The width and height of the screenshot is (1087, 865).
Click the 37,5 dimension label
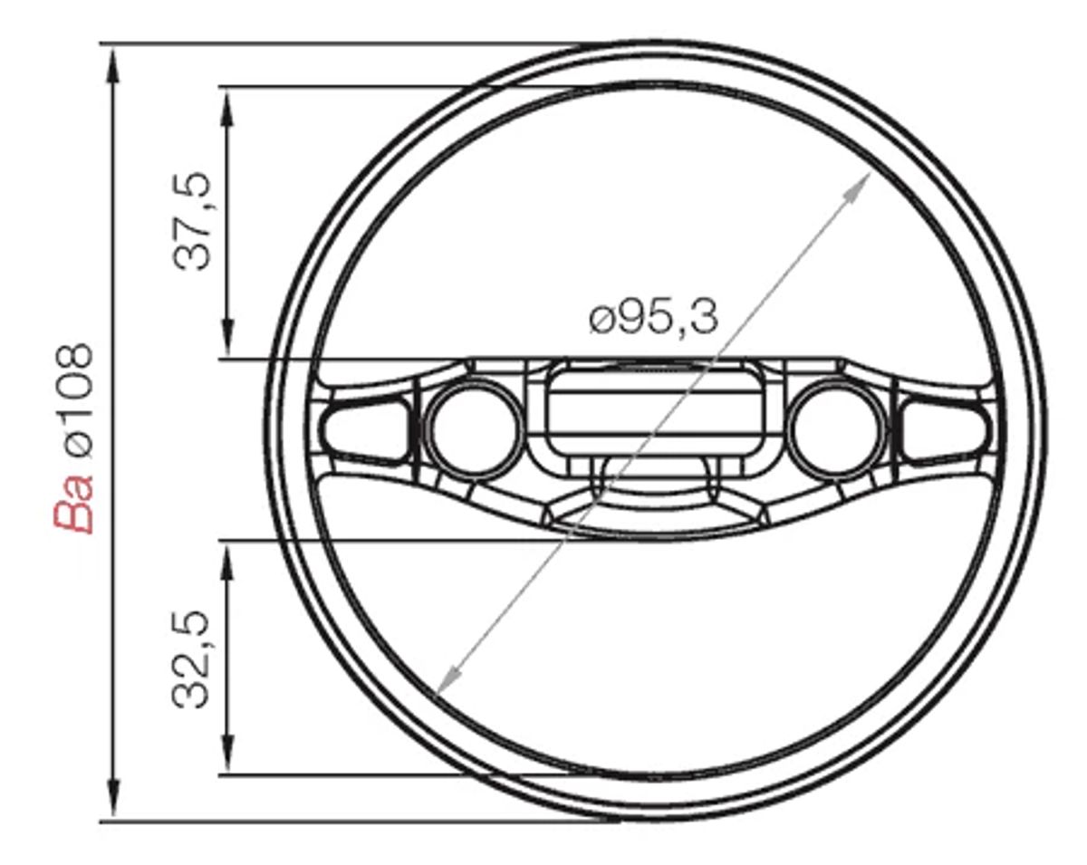tap(192, 219)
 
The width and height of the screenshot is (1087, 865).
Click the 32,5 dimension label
tap(192, 659)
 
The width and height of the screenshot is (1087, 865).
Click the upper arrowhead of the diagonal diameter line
tap(861, 183)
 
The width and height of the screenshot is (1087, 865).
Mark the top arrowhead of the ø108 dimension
tap(113, 60)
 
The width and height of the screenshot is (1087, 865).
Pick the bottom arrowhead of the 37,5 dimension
tap(227, 344)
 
